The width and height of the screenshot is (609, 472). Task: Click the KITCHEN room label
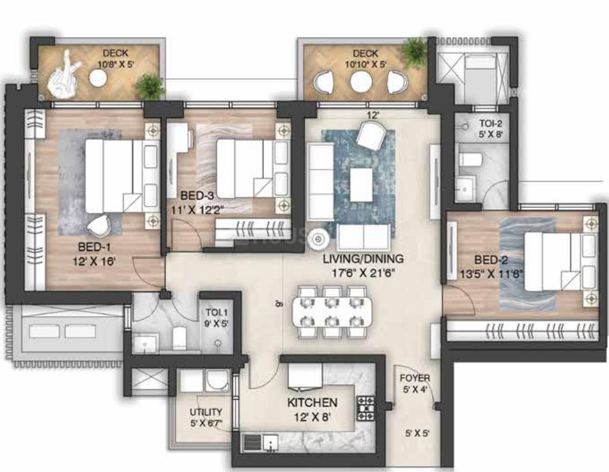tap(312, 403)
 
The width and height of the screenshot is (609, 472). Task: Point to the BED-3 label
tap(198, 195)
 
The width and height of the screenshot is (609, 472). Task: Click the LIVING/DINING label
tap(363, 259)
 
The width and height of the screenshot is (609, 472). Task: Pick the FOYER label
tap(415, 379)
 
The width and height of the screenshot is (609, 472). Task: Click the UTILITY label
tap(206, 412)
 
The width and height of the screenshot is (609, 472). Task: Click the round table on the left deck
tap(98, 77)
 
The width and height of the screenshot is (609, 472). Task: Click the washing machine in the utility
tap(216, 380)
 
